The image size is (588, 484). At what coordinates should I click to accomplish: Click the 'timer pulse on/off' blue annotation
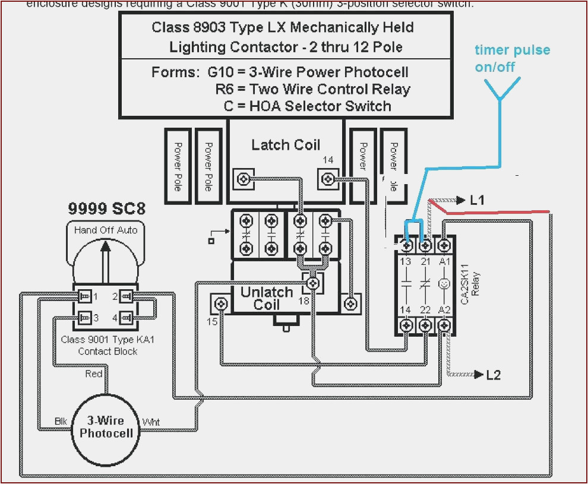[512, 58]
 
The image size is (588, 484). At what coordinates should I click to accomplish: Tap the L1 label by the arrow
[477, 201]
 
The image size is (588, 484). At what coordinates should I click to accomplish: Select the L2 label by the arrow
[493, 375]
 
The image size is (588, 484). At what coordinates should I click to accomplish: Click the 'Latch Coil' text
[285, 145]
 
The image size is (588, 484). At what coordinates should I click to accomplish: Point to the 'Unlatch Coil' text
[267, 299]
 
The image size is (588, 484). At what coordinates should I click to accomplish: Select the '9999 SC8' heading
[106, 208]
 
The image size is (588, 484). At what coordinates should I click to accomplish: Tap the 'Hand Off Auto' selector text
[106, 230]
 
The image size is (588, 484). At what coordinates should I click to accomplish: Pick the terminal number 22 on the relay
[425, 309]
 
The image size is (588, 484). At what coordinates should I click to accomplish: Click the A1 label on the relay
[444, 262]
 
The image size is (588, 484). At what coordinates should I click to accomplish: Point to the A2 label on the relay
[444, 309]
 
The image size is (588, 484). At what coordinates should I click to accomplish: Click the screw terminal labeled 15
[222, 304]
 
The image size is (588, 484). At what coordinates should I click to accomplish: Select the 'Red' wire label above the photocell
[94, 374]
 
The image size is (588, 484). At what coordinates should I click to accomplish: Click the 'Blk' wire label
[62, 421]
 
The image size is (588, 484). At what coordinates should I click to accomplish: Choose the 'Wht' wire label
[150, 422]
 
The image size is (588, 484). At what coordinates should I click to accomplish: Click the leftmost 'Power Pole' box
[178, 166]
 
